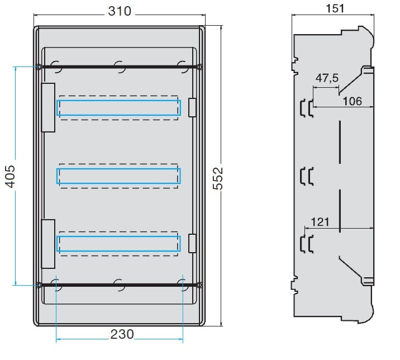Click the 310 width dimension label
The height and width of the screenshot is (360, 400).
coord(120,11)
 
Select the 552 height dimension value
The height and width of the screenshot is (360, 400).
coord(218,178)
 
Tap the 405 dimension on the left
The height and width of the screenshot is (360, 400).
coord(11,177)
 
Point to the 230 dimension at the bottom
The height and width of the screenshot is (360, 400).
coord(122,334)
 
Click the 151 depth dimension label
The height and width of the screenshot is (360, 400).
coord(335,8)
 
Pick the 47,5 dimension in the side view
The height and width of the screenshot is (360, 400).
coord(327,78)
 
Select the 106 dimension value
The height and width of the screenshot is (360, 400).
coord(353,101)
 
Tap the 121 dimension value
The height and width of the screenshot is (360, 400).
coord(320,222)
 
